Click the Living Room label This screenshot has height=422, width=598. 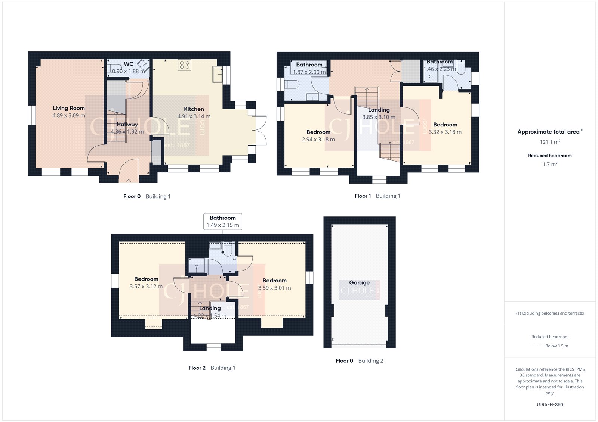click(x=69, y=108)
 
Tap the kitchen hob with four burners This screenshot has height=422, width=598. click(x=184, y=65)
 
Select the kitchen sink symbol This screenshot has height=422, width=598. click(x=217, y=74)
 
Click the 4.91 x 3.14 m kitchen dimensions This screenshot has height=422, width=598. click(x=194, y=116)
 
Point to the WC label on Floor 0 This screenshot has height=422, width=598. click(x=129, y=64)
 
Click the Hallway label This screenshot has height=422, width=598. click(x=127, y=124)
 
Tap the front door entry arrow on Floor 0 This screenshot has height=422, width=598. click(x=129, y=181)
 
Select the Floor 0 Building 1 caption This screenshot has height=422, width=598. click(x=147, y=196)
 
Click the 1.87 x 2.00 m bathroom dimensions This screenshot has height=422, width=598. click(x=309, y=72)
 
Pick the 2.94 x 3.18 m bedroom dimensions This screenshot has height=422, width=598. click(x=318, y=140)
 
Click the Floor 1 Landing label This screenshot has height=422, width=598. click(x=379, y=110)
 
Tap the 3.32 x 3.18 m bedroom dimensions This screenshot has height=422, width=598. click(x=445, y=132)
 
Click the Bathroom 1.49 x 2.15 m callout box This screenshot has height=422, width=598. click(x=223, y=221)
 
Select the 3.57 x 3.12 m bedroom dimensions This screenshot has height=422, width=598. click(x=146, y=287)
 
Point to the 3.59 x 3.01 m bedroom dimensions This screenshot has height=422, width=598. click(x=274, y=288)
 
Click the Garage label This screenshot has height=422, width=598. click(x=359, y=283)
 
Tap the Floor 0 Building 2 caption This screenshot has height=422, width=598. click(x=359, y=361)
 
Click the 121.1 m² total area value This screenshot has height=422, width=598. click(x=549, y=142)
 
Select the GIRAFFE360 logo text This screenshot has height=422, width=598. click(x=550, y=404)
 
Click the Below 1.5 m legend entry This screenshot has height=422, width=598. click(x=556, y=346)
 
